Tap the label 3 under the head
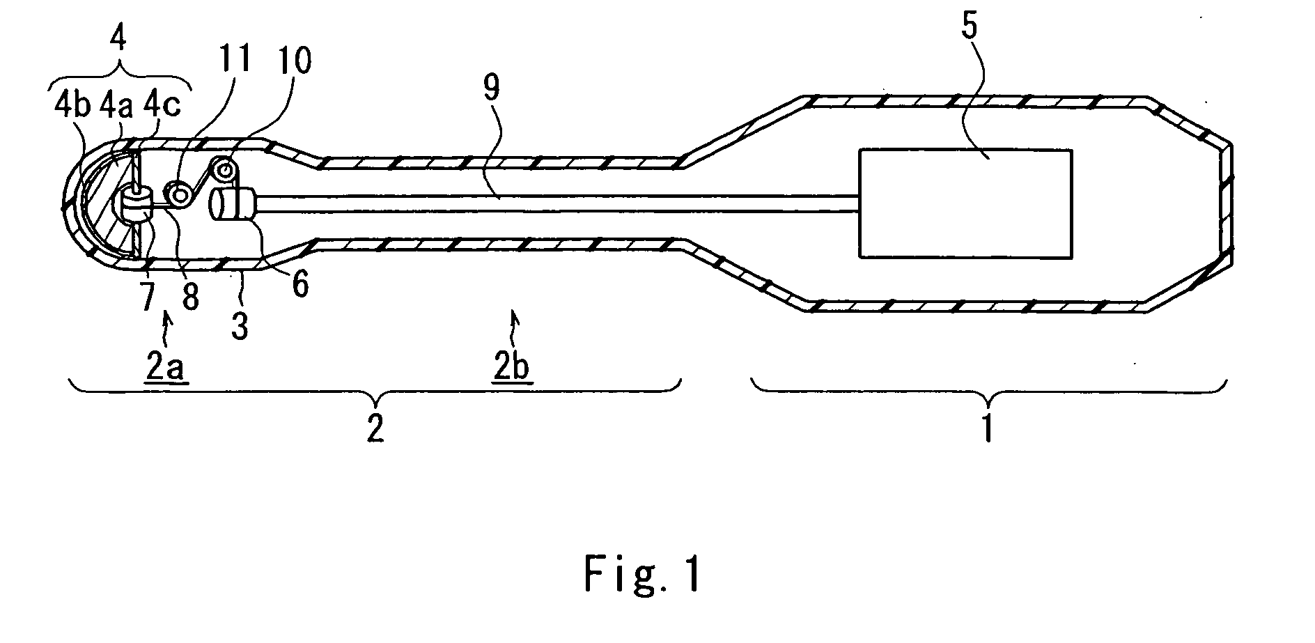[x=240, y=325]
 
